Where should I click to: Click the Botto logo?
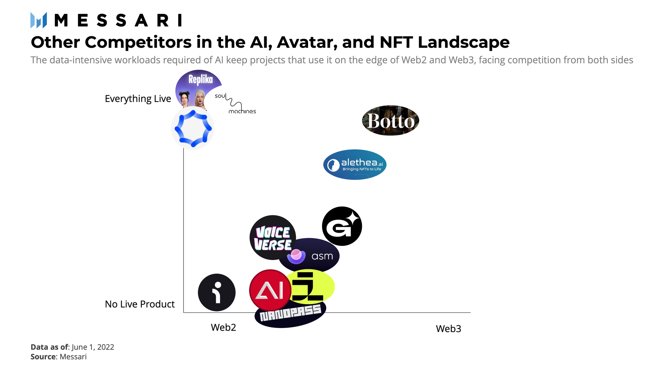coord(391,121)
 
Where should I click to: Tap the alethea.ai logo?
coord(355,164)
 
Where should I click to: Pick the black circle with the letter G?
coord(342,226)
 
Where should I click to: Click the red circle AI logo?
coord(270,290)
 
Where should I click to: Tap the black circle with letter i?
coord(217,292)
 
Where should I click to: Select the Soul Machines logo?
coord(235,104)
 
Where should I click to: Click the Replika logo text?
coord(200,79)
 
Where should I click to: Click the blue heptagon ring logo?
coord(193,128)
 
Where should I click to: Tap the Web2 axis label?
coord(223,327)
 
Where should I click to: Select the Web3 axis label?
coord(448,329)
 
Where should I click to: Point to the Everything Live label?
coord(138,99)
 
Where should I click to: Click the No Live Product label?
coord(140,304)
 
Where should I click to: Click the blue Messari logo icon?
coord(39,20)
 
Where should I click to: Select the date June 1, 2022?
coord(93,347)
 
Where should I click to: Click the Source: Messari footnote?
coord(58,357)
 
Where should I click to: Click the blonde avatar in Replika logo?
coord(200,98)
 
